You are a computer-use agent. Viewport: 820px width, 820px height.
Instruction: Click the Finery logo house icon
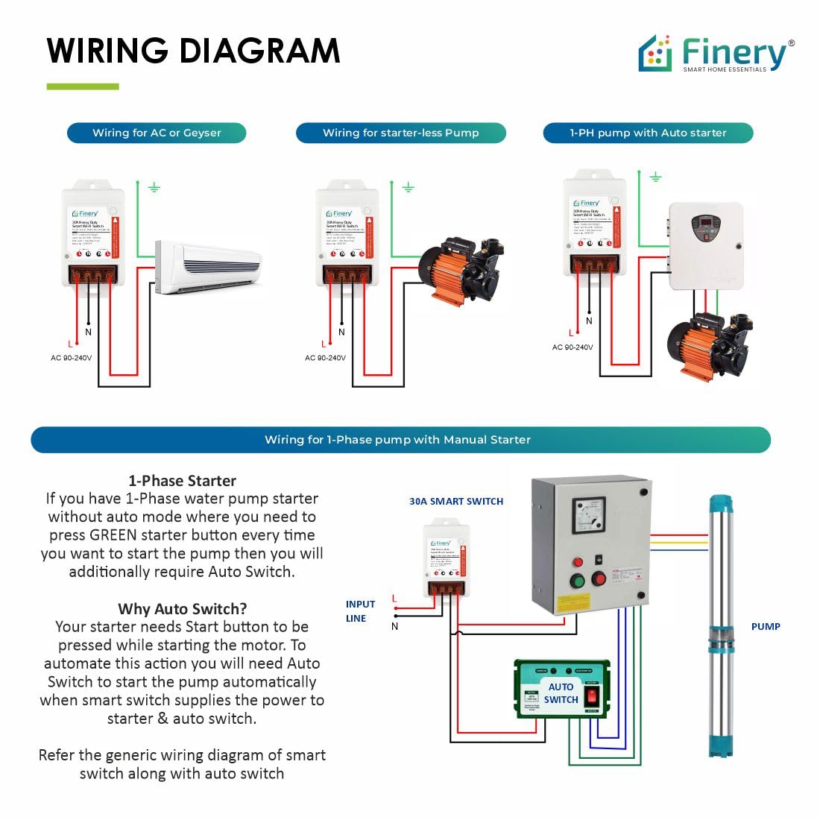pyautogui.click(x=655, y=54)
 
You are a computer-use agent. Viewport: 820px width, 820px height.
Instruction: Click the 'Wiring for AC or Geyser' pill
pyautogui.click(x=157, y=133)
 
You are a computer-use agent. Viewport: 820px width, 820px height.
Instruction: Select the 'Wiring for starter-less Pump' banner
pyautogui.click(x=400, y=133)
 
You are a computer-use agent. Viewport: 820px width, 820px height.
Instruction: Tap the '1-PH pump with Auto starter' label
pyautogui.click(x=648, y=133)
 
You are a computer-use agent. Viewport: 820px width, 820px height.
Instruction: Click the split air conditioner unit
pyautogui.click(x=209, y=266)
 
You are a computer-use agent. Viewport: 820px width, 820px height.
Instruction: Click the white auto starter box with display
pyautogui.click(x=705, y=245)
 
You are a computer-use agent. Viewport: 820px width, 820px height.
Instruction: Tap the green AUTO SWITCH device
pyautogui.click(x=562, y=689)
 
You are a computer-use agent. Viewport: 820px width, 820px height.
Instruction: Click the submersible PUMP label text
pyautogui.click(x=766, y=626)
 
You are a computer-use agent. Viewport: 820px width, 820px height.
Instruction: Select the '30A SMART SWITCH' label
pyautogui.click(x=456, y=501)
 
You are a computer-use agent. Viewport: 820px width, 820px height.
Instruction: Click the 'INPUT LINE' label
pyautogui.click(x=360, y=611)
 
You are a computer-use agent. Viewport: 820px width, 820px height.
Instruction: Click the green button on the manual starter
pyautogui.click(x=577, y=581)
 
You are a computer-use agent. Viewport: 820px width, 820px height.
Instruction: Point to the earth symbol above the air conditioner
pyautogui.click(x=154, y=187)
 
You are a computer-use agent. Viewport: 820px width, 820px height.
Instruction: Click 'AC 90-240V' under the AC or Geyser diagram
pyautogui.click(x=72, y=358)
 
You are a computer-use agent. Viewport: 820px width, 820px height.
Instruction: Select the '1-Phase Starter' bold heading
pyautogui.click(x=182, y=481)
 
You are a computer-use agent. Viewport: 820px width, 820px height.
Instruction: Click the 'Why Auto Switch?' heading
pyautogui.click(x=182, y=609)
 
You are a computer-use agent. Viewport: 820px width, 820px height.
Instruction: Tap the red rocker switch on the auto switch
pyautogui.click(x=591, y=697)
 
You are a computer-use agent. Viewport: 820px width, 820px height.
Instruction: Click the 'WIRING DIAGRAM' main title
pyautogui.click(x=193, y=51)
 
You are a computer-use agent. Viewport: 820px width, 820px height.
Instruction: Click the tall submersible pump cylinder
pyautogui.click(x=722, y=626)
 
